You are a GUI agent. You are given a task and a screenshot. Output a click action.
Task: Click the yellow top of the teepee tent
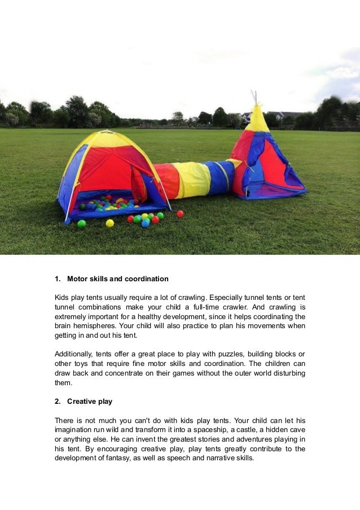click(x=257, y=120)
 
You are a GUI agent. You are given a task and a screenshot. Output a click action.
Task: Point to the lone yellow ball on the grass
click(x=109, y=223)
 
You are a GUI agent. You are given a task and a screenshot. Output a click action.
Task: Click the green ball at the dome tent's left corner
click(x=82, y=224)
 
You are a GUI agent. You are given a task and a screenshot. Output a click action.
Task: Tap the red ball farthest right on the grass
click(x=180, y=213)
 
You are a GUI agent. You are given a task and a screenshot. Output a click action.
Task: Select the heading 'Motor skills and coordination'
click(x=117, y=278)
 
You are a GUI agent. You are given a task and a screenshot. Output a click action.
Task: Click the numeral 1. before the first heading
click(x=58, y=278)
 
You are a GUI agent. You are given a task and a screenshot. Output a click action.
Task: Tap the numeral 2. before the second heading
click(x=58, y=402)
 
